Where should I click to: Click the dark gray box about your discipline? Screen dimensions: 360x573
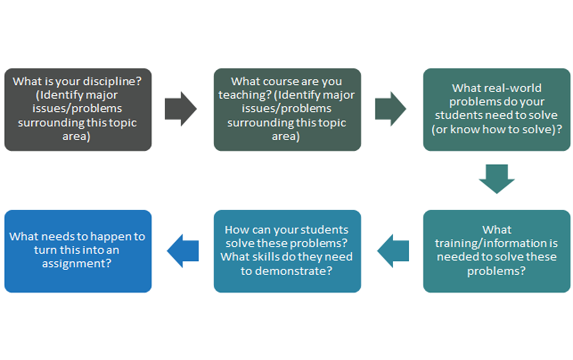pyautogui.click(x=78, y=110)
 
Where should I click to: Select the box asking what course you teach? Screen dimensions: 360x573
pyautogui.click(x=287, y=110)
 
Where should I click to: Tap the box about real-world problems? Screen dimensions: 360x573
pyautogui.click(x=496, y=110)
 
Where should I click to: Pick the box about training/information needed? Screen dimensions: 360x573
pyautogui.click(x=496, y=250)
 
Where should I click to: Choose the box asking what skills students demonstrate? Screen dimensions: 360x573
pyautogui.click(x=287, y=250)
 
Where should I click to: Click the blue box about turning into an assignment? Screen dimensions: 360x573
pyautogui.click(x=78, y=250)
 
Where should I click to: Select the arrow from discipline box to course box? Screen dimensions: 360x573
pyautogui.click(x=180, y=108)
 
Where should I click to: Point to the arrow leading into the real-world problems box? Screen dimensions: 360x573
pyautogui.click(x=390, y=108)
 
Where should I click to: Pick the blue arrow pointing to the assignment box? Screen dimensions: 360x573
pyautogui.click(x=183, y=250)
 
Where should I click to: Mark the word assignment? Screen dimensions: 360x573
pyautogui.click(x=77, y=263)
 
